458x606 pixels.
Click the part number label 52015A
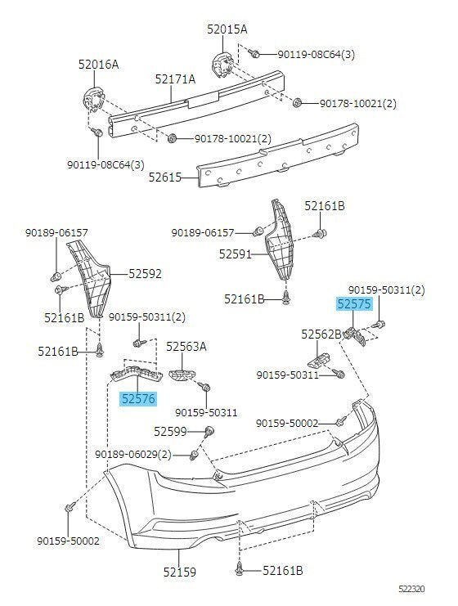pyautogui.click(x=227, y=29)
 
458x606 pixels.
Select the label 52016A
pyautogui.click(x=99, y=64)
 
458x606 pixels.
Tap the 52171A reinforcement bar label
pyautogui.click(x=176, y=79)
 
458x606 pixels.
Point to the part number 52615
pyautogui.click(x=165, y=177)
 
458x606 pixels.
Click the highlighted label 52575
pyautogui.click(x=354, y=304)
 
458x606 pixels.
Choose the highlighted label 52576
pyautogui.click(x=138, y=399)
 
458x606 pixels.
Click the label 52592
pyautogui.click(x=145, y=274)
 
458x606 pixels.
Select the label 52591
pyautogui.click(x=235, y=254)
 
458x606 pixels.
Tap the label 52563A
pyautogui.click(x=186, y=347)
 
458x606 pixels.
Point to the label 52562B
pyautogui.click(x=321, y=334)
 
